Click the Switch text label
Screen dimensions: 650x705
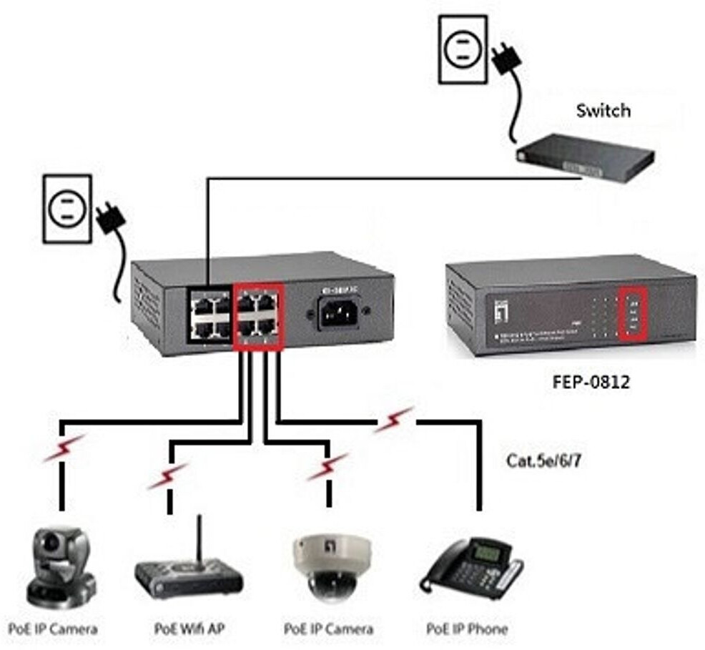(x=603, y=111)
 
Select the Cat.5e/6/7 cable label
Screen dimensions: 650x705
(x=543, y=461)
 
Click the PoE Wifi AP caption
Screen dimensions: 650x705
(x=189, y=629)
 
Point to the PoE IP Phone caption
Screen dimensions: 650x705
(x=466, y=629)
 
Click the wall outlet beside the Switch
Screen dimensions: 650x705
(x=463, y=50)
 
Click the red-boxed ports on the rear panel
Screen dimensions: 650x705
(x=259, y=317)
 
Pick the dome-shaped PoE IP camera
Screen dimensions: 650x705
(x=330, y=565)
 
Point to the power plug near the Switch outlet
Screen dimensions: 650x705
(x=506, y=56)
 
